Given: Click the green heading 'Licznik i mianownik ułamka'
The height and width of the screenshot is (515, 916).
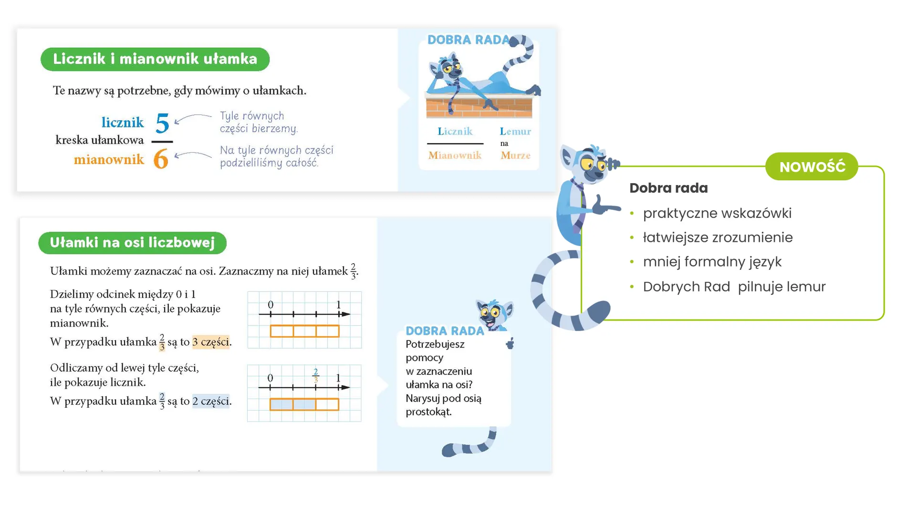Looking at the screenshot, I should tap(155, 59).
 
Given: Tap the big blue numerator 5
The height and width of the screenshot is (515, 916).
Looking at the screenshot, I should tap(162, 124).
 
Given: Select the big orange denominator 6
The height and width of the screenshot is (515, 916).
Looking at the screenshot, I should tap(161, 159).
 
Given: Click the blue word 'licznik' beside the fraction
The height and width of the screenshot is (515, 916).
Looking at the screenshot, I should tap(123, 123).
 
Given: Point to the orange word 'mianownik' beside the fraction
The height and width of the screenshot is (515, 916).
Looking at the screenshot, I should tap(109, 159).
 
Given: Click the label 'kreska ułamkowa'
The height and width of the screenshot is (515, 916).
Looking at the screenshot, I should tap(99, 140).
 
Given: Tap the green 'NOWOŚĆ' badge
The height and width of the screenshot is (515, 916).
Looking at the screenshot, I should tap(812, 167).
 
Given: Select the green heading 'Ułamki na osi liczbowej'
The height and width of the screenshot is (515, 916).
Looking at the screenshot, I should tap(132, 243).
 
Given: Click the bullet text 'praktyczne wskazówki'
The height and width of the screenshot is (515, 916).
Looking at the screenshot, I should tap(717, 213).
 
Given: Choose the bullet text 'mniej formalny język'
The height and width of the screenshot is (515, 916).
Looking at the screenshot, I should tap(712, 262).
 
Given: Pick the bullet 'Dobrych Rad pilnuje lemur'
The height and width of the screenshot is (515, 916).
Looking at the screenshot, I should tap(734, 287).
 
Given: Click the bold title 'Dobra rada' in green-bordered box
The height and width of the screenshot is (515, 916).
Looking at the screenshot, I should tap(668, 188).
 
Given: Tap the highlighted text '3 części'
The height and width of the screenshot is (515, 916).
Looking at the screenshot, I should tap(210, 342).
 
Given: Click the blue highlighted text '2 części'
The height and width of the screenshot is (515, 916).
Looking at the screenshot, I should tap(210, 401).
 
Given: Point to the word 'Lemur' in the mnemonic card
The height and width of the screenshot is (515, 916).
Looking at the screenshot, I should tap(515, 132).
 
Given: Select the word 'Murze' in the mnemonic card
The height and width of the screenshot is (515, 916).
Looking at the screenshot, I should tap(515, 155).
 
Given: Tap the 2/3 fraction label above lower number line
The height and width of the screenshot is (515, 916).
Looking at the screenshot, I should tap(316, 375).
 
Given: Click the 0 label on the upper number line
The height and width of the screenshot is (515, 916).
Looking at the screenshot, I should tap(271, 305).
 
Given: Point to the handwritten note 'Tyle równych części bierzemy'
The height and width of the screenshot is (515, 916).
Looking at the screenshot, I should tap(259, 122).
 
